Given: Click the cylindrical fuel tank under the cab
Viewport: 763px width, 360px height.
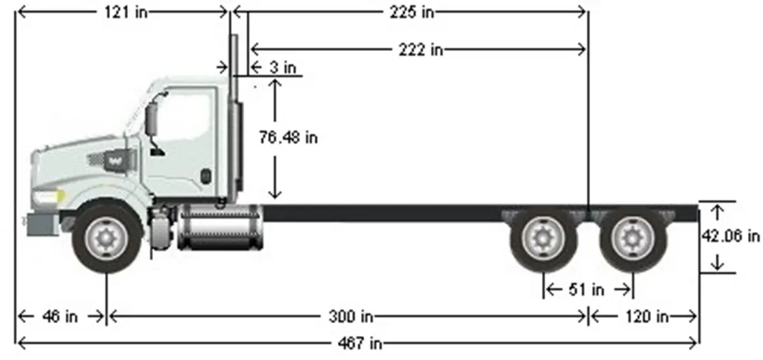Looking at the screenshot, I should tap(219, 227).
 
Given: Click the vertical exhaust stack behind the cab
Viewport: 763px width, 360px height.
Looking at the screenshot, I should tap(234, 114).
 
